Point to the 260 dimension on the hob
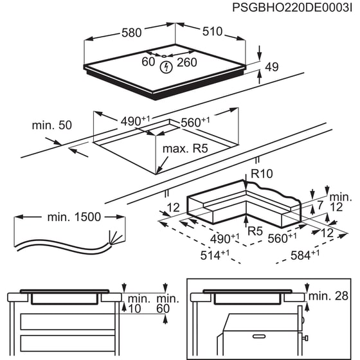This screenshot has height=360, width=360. [x=186, y=62]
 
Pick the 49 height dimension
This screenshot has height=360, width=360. [x=272, y=67]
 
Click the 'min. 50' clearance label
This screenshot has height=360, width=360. [x=51, y=125]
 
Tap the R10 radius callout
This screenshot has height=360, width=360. [x=263, y=173]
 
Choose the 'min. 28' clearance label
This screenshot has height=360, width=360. [x=331, y=296]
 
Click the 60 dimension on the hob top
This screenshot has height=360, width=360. [x=148, y=62]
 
